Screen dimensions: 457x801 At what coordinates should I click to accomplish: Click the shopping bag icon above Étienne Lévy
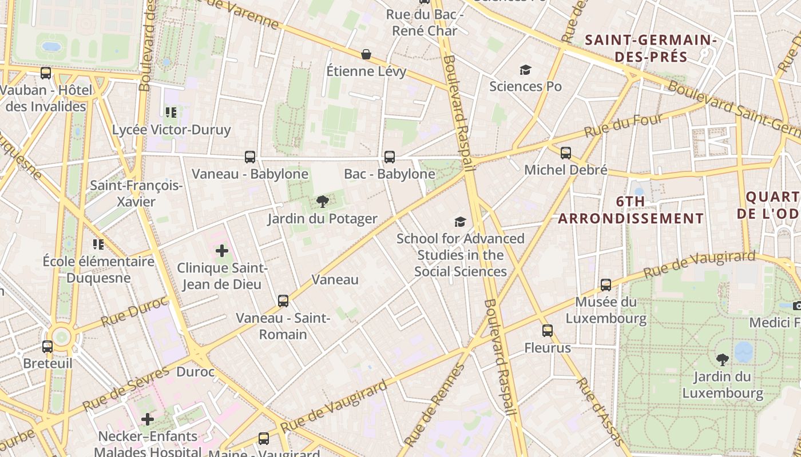pos(366,54)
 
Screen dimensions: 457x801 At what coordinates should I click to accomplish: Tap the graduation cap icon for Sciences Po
pos(525,70)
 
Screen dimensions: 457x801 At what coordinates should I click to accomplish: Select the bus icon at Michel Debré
pos(566,153)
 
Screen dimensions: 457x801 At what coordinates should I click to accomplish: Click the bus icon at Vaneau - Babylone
pos(250,157)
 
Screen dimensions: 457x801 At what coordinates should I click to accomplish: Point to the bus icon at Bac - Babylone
pos(390,157)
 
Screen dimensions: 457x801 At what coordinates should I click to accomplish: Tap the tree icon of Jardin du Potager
pos(322,201)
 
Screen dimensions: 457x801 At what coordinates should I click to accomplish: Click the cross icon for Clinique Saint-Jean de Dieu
pos(222,250)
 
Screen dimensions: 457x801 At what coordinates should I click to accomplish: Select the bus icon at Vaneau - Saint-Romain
pos(283,300)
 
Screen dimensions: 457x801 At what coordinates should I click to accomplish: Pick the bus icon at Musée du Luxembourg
pos(606,284)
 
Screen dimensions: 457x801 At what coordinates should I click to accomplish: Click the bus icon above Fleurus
pos(548,330)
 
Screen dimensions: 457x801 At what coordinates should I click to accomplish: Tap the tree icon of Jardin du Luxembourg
pos(723,359)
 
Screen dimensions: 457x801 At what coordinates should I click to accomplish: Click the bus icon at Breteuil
pos(47,346)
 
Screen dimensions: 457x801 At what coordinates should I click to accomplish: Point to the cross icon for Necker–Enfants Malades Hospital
pos(148,419)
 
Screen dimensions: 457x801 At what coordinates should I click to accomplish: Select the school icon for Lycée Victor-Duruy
pos(170,112)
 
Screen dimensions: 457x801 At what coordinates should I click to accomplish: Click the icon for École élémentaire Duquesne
pos(98,244)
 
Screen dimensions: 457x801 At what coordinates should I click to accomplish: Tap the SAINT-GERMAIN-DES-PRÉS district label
pos(651,48)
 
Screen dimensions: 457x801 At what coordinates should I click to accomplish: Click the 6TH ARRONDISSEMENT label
pos(631,210)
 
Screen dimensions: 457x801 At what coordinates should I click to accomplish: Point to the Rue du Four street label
pos(623,126)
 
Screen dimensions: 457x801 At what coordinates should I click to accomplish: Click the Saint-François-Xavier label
pos(136,194)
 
